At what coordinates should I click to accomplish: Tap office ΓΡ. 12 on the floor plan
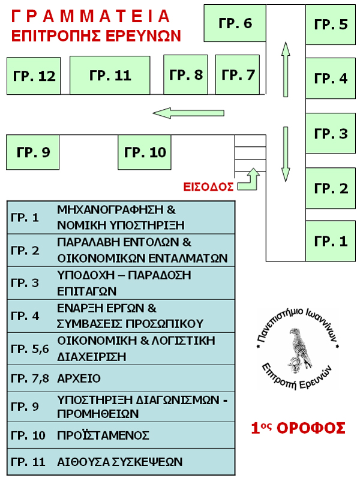34,76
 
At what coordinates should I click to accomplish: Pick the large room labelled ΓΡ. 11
110,76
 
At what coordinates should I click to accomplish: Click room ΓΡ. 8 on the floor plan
186,75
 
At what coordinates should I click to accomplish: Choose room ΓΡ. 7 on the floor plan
238,75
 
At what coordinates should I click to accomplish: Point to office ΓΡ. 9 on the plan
32,152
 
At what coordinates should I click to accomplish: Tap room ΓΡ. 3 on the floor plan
331,134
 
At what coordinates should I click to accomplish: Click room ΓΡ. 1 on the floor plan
331,241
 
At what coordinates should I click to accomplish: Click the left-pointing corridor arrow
188,112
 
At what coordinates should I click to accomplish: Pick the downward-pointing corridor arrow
286,154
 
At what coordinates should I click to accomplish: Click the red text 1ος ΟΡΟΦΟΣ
298,428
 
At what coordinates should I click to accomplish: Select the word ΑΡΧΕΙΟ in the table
79,379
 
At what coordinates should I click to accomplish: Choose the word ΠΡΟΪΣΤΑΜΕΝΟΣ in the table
103,435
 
